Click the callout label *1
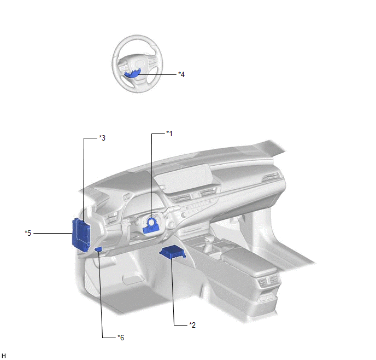click(169, 133)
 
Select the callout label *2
click(192, 325)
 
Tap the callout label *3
click(102, 138)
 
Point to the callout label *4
click(181, 74)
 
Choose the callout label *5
click(28, 233)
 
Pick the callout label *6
click(121, 338)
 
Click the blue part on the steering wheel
click(132, 73)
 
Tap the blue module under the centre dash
click(172, 253)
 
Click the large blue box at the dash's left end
click(81, 235)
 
